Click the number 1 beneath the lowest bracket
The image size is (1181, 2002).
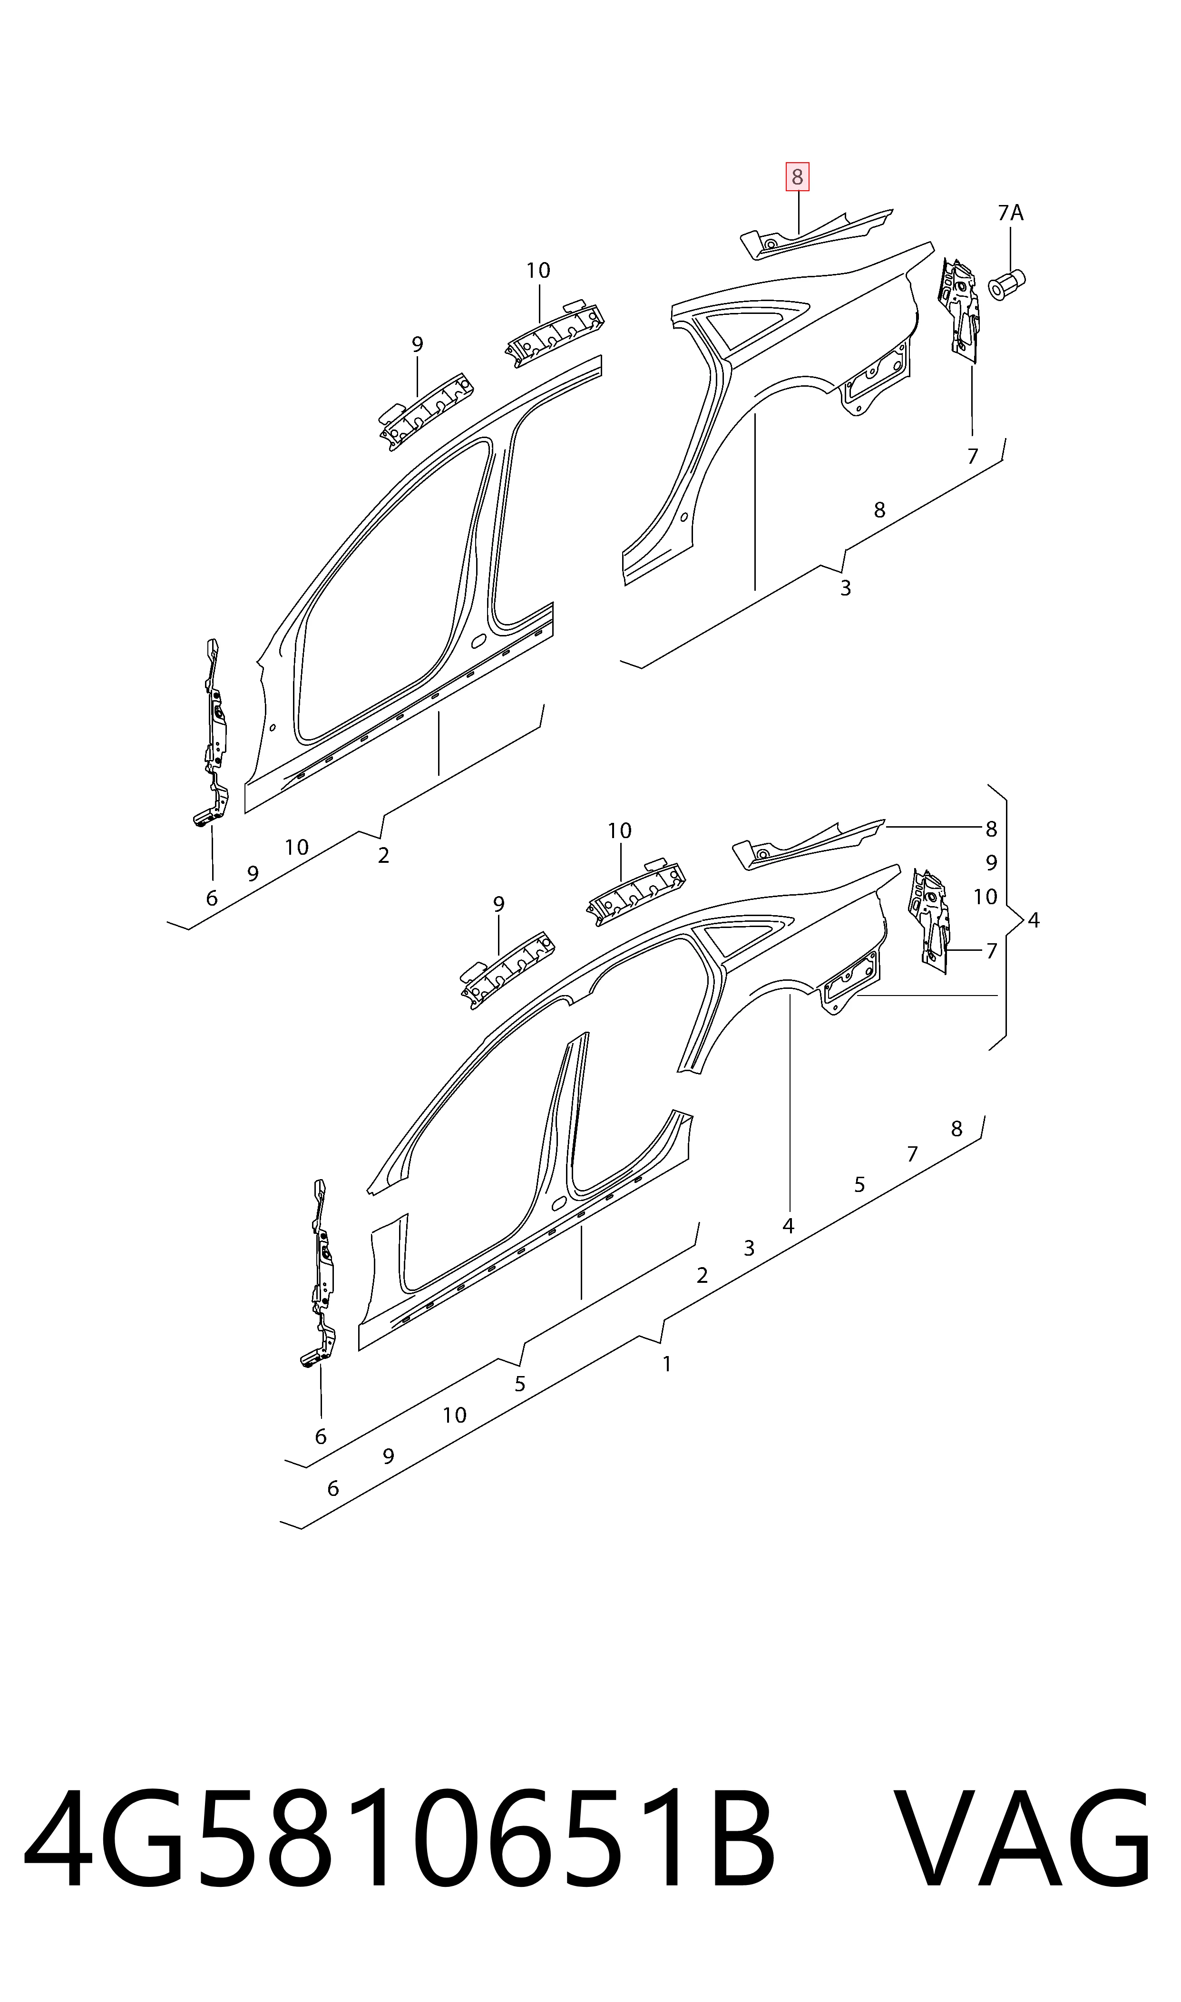(667, 1364)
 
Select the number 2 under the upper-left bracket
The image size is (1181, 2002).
(383, 855)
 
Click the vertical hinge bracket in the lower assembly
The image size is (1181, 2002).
(322, 1273)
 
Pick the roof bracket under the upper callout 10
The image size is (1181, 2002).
(556, 332)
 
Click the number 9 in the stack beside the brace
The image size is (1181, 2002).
(991, 862)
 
